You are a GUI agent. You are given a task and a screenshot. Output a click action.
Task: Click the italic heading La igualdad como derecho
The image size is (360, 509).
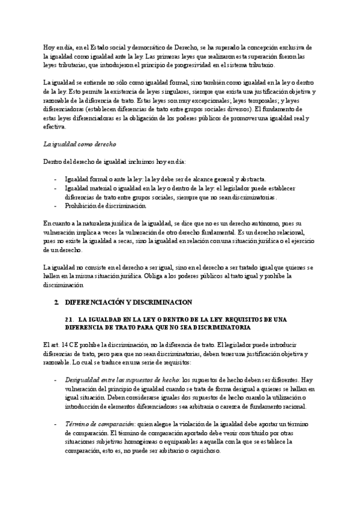click(x=80, y=145)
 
